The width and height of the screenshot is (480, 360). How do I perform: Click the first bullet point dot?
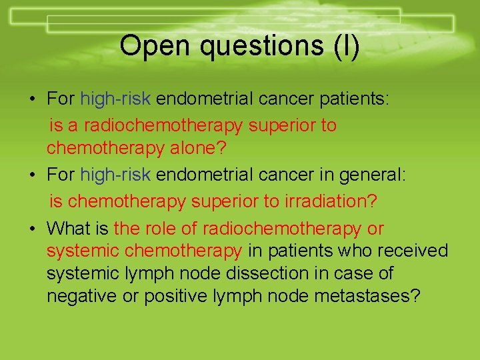(33, 100)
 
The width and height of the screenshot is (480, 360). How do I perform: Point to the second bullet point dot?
(33, 175)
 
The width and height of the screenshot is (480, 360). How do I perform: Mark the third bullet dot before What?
(33, 229)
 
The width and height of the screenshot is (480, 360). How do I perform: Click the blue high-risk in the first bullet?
(117, 99)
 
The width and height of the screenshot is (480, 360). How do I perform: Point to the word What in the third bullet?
(69, 229)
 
